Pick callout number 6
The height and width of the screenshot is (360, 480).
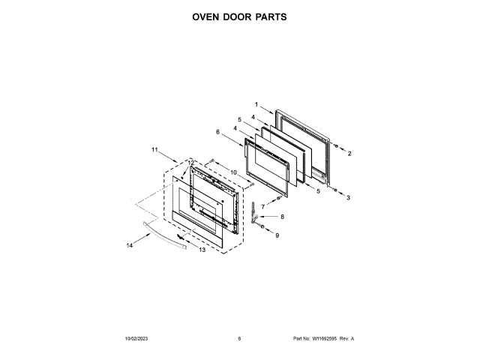pos(217,132)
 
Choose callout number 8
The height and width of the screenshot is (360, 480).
pos(283,217)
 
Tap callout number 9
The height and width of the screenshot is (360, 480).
pos(276,235)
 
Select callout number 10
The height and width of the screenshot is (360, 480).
pos(233,172)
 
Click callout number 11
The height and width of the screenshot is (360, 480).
pos(154,150)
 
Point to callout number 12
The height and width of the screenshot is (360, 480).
pos(190,163)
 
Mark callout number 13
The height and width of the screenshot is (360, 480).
pos(202,250)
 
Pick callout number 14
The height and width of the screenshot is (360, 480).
pos(129,244)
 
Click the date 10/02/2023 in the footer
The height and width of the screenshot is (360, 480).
pos(136,339)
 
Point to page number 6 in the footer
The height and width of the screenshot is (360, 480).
pos(239,339)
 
